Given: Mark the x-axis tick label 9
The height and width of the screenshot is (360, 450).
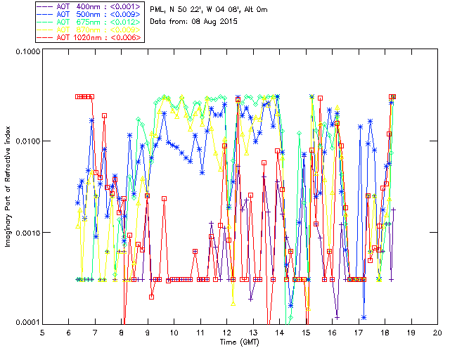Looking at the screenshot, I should pos(148,333).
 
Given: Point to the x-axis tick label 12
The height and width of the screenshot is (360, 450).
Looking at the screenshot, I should pos(226,333).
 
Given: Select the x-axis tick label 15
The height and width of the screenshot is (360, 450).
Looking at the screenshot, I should pos(306,333).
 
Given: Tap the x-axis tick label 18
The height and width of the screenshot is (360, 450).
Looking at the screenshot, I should pos(385,333).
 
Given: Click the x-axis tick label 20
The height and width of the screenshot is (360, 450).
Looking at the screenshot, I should pos(437,333).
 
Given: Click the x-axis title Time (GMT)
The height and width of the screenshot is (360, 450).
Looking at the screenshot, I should pos(240,342).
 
